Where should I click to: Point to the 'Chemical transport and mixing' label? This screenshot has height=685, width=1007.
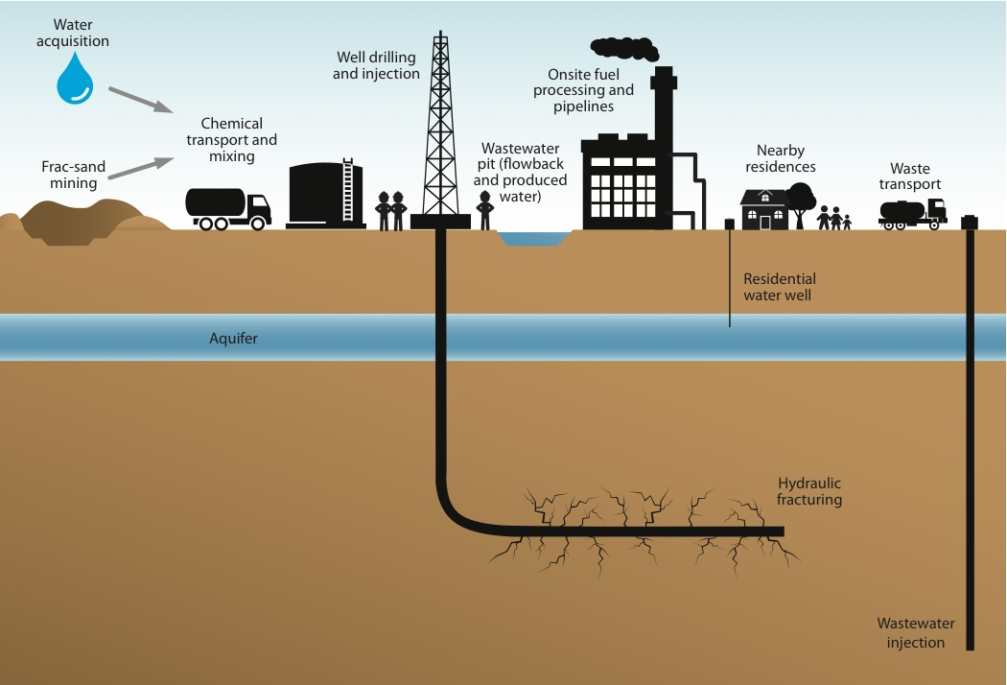(238, 140)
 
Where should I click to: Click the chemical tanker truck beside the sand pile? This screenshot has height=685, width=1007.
(228, 207)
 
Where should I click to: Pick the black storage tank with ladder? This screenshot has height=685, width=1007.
(326, 196)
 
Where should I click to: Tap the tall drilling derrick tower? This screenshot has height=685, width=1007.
(440, 134)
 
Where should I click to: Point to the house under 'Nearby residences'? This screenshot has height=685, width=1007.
(765, 208)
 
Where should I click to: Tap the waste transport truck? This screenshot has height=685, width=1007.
(912, 214)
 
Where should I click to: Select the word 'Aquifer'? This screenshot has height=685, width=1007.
(234, 339)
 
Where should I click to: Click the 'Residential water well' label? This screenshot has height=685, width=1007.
(779, 287)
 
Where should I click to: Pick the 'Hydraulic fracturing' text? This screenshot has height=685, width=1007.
(809, 492)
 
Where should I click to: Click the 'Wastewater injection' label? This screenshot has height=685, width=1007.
(911, 633)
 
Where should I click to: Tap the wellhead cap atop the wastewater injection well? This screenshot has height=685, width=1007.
(970, 222)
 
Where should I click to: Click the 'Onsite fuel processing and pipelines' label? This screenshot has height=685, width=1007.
(590, 90)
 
